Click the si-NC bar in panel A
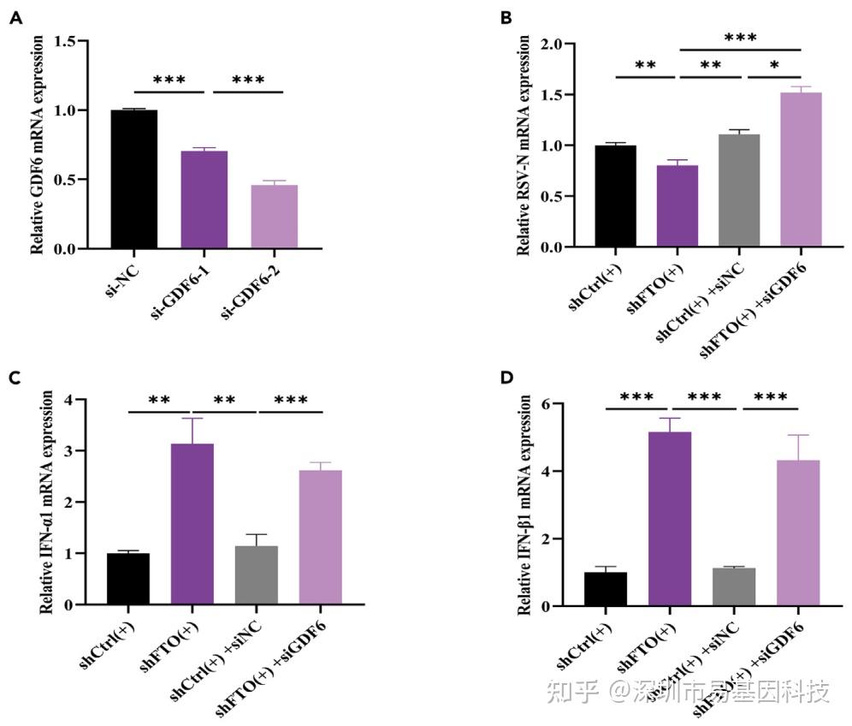tap(133, 179)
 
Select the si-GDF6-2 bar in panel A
tap(275, 217)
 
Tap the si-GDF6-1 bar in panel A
tap(204, 199)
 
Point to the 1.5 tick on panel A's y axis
tap(86, 41)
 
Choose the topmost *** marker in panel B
tap(740, 39)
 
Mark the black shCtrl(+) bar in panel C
tap(128, 579)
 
